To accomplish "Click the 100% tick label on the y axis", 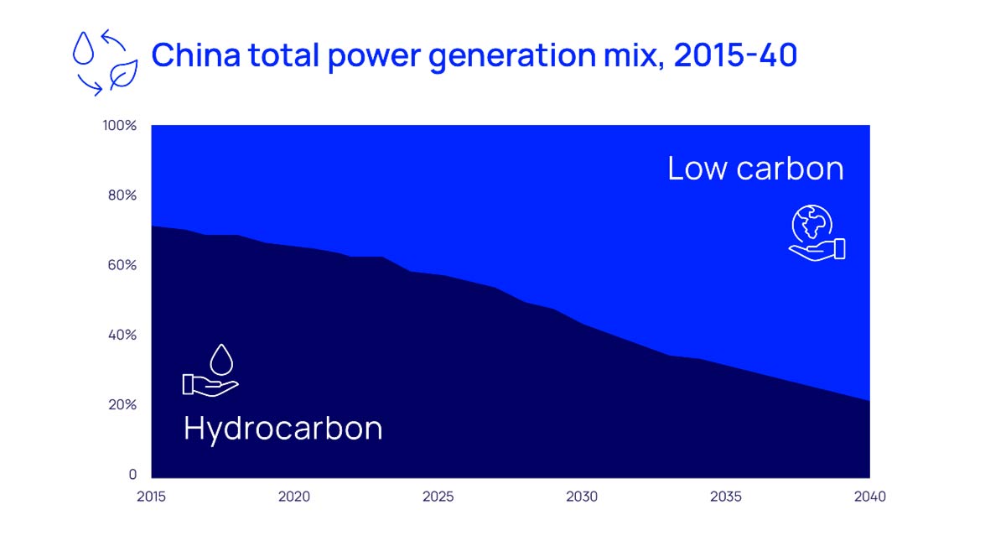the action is pyautogui.click(x=119, y=125).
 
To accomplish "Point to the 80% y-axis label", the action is pyautogui.click(x=122, y=195).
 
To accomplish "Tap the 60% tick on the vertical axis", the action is pyautogui.click(x=122, y=265).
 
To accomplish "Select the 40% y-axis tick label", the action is pyautogui.click(x=122, y=335).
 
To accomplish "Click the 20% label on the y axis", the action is pyautogui.click(x=122, y=404).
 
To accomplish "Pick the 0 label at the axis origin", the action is pyautogui.click(x=132, y=474).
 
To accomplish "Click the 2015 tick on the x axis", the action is pyautogui.click(x=152, y=497).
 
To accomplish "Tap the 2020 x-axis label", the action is pyautogui.click(x=294, y=497).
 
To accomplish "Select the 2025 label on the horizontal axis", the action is pyautogui.click(x=438, y=497).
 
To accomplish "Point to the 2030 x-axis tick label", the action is pyautogui.click(x=582, y=497).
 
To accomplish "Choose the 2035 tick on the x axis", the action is pyautogui.click(x=726, y=497).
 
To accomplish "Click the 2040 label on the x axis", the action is pyautogui.click(x=870, y=497).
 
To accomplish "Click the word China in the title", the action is pyautogui.click(x=196, y=55).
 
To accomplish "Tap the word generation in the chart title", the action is pyautogui.click(x=512, y=57).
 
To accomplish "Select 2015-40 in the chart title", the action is pyautogui.click(x=736, y=55).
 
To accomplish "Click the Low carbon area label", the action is pyautogui.click(x=756, y=169).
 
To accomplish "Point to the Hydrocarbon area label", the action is pyautogui.click(x=283, y=429).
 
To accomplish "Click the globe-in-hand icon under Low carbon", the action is pyautogui.click(x=817, y=233).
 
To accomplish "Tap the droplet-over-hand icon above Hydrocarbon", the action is pyautogui.click(x=210, y=371).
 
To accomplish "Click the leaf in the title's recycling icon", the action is pyautogui.click(x=123, y=75).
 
